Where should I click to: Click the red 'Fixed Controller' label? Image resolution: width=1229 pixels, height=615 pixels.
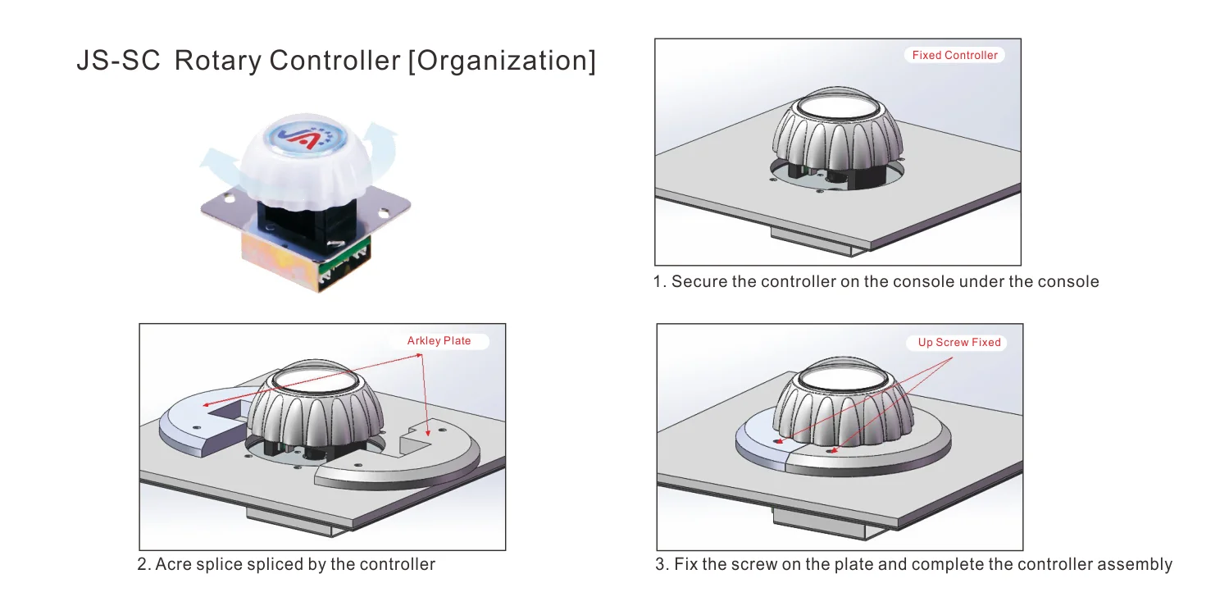(x=954, y=55)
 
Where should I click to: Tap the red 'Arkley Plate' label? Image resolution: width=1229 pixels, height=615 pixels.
(x=439, y=340)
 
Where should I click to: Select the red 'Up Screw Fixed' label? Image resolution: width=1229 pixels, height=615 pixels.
(x=959, y=342)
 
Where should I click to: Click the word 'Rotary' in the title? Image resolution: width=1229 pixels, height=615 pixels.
(x=217, y=61)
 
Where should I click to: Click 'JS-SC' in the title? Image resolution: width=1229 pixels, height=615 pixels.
(x=118, y=61)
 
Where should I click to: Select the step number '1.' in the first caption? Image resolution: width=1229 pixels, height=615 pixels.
(x=659, y=282)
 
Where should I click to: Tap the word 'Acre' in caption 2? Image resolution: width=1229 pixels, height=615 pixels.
(x=174, y=564)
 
